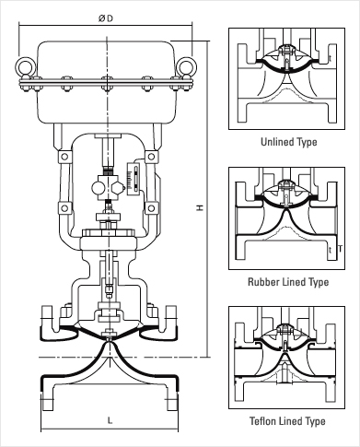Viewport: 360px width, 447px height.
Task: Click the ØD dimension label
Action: tap(106, 18)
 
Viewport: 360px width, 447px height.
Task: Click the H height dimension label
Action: tap(200, 207)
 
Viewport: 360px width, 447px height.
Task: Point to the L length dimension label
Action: tap(110, 420)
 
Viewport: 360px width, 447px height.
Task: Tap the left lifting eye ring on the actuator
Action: tap(26, 67)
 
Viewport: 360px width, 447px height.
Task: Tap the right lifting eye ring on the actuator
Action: tap(186, 67)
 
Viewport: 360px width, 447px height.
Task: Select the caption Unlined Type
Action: tap(289, 142)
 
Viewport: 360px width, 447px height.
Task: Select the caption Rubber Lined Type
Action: tap(288, 282)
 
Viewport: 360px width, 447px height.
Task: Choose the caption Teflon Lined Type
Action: tap(287, 420)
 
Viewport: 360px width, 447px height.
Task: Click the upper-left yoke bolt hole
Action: tap(64, 157)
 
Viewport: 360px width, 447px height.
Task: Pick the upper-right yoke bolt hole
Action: tap(151, 157)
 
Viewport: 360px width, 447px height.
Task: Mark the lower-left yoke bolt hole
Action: tap(64, 208)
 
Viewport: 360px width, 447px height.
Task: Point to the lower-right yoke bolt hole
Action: tap(151, 208)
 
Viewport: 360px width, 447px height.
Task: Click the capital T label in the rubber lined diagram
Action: tap(340, 249)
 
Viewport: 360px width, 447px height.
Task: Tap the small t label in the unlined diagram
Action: tap(331, 58)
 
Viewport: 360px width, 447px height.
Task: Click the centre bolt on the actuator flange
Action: tap(107, 84)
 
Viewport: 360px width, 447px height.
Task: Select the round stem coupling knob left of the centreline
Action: tap(98, 188)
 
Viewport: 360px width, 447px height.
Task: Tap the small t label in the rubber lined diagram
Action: tap(331, 250)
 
